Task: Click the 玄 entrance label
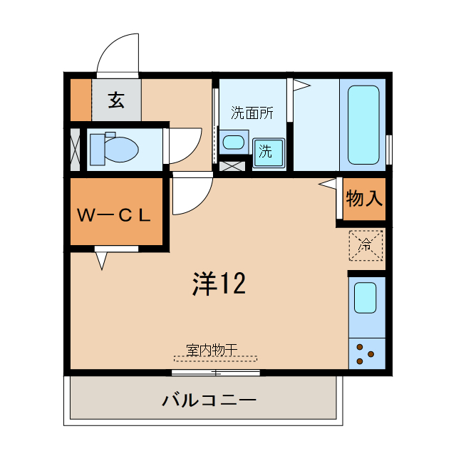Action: click(116, 100)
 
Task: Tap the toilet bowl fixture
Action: click(114, 148)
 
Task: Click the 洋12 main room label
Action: click(219, 284)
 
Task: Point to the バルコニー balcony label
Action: click(209, 400)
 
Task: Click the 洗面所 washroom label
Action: click(252, 113)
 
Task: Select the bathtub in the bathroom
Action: click(363, 124)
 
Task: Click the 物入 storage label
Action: click(364, 199)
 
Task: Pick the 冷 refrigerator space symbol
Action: click(366, 246)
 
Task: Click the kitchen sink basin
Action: click(365, 297)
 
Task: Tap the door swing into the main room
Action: click(191, 194)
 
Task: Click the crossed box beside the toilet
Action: click(76, 148)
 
